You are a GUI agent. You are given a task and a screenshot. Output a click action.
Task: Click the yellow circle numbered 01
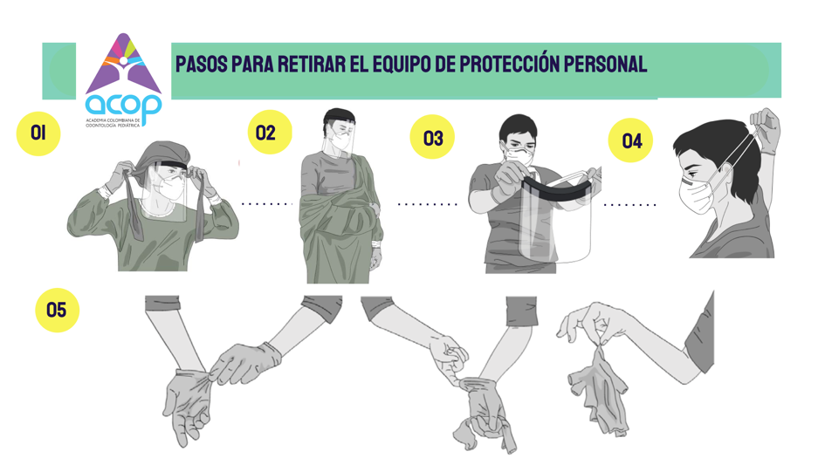coord(38,133)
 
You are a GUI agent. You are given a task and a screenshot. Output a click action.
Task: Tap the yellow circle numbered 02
coord(270,132)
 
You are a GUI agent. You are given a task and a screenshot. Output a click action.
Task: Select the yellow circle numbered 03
coord(432,137)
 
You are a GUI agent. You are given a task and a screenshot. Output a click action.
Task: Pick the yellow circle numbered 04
coord(630,140)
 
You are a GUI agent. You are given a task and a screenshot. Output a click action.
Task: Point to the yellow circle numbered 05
coord(58,310)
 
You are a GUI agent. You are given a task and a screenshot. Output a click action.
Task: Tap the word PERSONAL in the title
coord(606,65)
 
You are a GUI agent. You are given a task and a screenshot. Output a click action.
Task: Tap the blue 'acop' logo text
coord(124,106)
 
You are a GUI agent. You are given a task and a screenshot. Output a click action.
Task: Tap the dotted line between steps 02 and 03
coord(427,204)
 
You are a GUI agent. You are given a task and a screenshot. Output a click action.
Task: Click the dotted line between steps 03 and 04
coord(629,205)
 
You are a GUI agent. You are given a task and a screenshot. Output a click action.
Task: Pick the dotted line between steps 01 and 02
coord(266,203)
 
